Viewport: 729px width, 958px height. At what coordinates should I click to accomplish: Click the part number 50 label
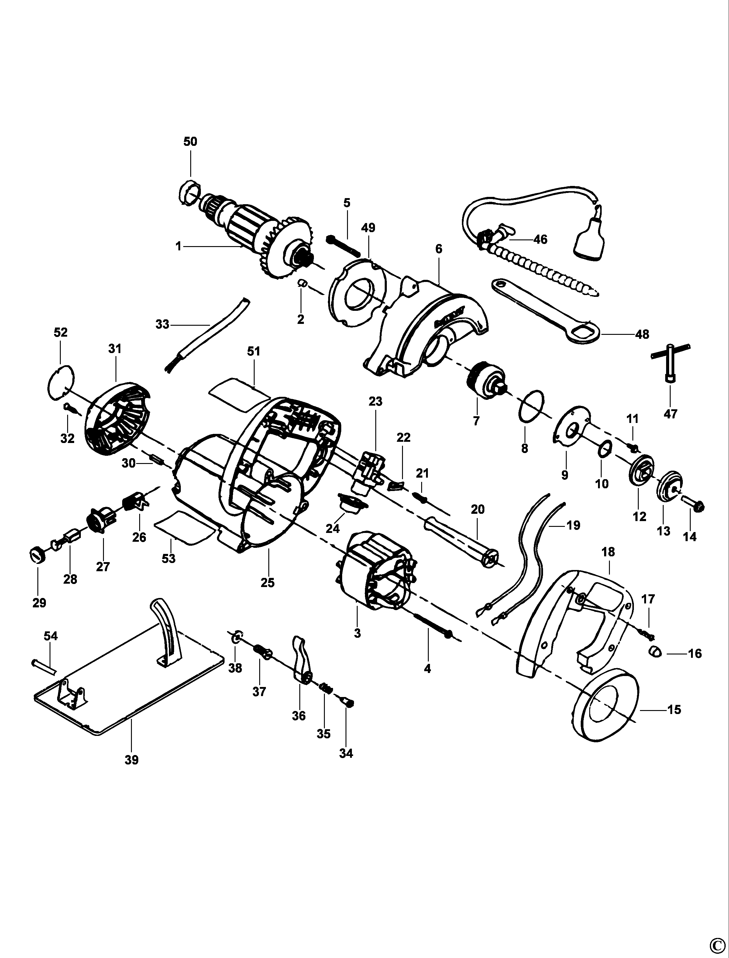[190, 142]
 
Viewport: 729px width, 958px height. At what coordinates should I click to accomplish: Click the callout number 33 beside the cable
[162, 324]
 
